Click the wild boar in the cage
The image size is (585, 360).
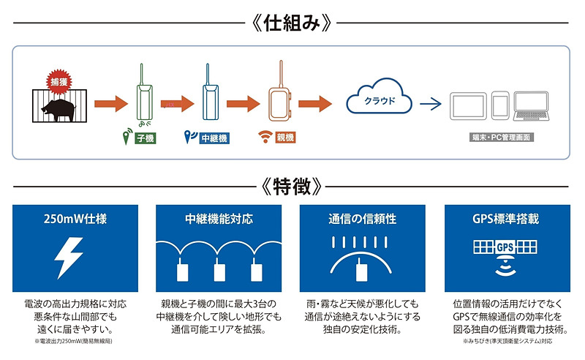click(x=56, y=109)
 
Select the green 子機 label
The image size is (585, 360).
click(x=146, y=137)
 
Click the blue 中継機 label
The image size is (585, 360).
click(x=212, y=137)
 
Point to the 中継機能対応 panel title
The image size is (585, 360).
click(x=219, y=218)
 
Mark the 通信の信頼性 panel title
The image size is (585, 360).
click(x=363, y=218)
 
